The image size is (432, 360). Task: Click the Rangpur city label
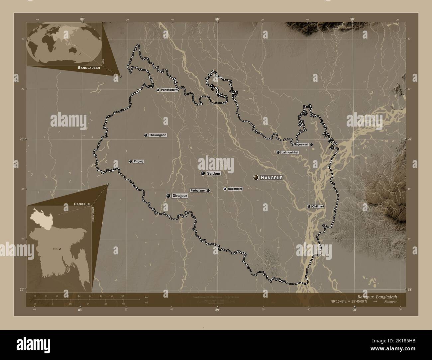coord(271,178)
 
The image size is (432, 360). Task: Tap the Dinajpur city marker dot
coord(168,196)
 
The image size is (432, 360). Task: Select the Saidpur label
coord(214,173)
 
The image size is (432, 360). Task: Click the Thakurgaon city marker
coord(146,135)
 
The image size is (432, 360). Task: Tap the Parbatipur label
coord(198,191)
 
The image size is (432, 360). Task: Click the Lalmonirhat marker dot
coord(278,152)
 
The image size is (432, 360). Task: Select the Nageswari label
coord(301,144)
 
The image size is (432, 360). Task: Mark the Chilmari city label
coord(318,207)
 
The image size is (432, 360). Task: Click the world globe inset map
coord(63,44)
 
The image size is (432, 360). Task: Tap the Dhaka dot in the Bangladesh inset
coord(60,249)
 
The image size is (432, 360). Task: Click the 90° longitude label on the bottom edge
coord(354,310)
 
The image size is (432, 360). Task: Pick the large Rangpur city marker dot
coord(256,178)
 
